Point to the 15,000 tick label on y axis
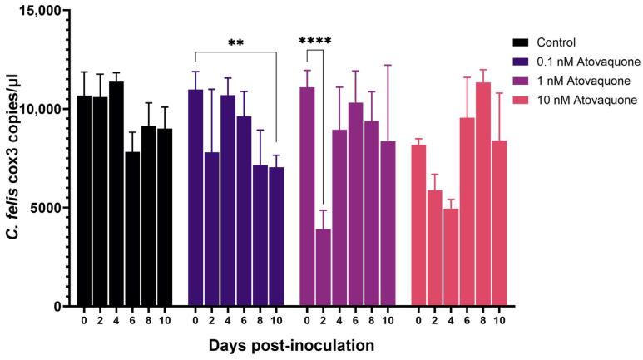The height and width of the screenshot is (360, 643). click(38, 12)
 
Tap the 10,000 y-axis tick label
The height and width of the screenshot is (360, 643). click(38, 110)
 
